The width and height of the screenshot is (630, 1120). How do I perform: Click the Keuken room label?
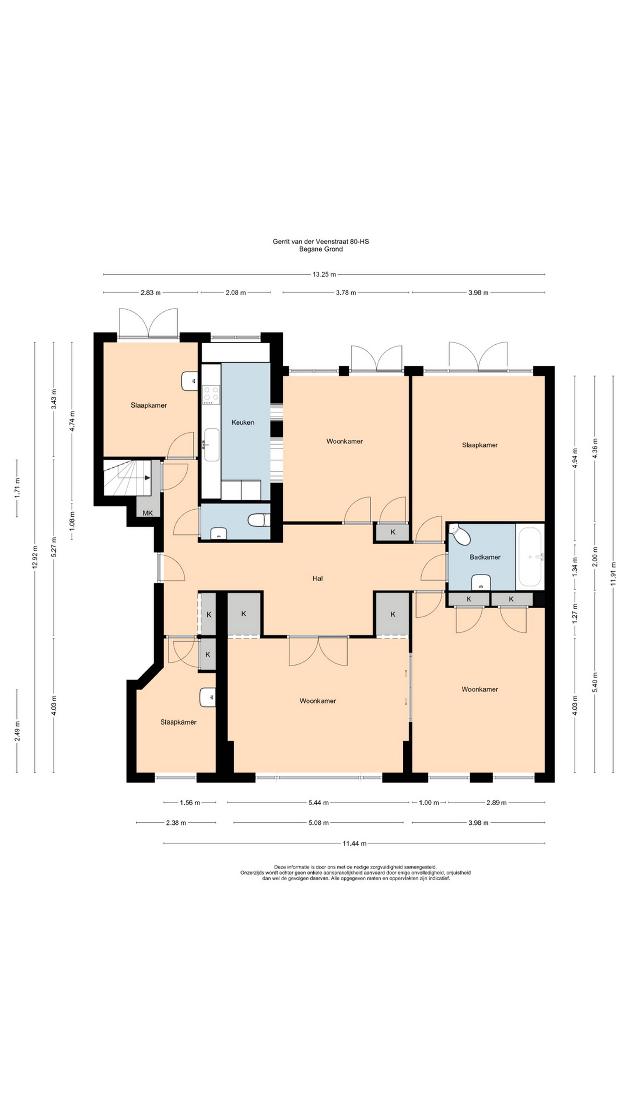[x=243, y=422]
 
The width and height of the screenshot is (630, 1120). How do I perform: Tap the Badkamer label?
[x=485, y=557]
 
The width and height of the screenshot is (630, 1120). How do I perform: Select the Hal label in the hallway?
[x=317, y=578]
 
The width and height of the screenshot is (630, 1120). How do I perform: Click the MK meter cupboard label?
[x=148, y=513]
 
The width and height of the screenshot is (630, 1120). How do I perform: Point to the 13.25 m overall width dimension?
[x=324, y=274]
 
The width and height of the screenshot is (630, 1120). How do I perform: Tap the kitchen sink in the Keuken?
[x=212, y=444]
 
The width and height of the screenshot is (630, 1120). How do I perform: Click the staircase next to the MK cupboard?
[x=127, y=477]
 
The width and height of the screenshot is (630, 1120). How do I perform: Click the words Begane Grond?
[x=321, y=249]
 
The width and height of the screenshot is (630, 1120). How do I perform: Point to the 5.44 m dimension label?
[x=318, y=803]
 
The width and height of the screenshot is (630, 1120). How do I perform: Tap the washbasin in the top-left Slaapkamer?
[x=189, y=381]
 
